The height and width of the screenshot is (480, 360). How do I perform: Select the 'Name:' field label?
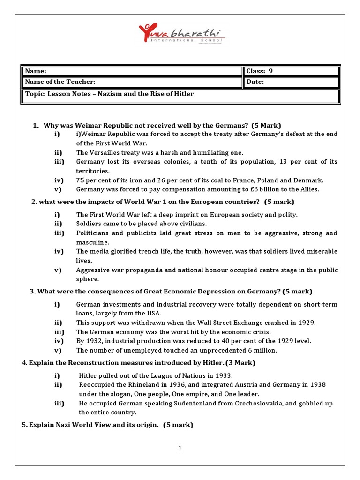tap(36, 71)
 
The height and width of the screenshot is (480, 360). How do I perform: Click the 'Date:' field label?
tap(255, 82)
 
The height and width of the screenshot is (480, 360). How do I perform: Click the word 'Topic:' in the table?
tap(35, 94)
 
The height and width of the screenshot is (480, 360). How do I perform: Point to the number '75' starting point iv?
tap(81, 180)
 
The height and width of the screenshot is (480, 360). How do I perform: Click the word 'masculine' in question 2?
tap(92, 242)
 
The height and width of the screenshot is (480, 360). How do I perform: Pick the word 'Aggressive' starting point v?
tap(93, 270)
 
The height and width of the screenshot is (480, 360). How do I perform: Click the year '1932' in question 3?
tap(95, 341)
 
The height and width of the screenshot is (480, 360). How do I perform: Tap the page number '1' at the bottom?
tap(180, 448)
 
